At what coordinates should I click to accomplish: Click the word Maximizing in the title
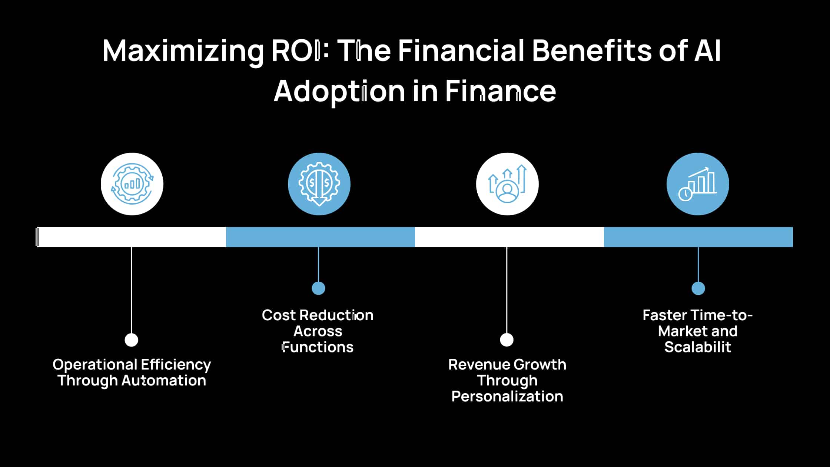point(183,51)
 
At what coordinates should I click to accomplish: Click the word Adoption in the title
point(339,91)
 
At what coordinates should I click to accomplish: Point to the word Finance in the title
point(500,91)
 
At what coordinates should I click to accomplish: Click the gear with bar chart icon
point(132,184)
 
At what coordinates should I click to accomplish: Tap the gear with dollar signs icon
point(319,184)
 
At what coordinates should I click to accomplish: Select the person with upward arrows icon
point(507,184)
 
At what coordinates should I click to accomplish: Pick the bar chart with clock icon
point(698,184)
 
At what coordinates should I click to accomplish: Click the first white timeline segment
point(132,237)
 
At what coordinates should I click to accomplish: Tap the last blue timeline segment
point(698,237)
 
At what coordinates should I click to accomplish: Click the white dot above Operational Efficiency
point(132,340)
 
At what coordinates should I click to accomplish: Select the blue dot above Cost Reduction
point(318,288)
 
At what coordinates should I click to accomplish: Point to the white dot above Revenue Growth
point(507,340)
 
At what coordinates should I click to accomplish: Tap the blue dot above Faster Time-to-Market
point(698,288)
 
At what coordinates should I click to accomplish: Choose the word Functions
point(318,347)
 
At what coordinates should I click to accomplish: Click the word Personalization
point(507,397)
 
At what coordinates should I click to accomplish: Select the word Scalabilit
point(698,347)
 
